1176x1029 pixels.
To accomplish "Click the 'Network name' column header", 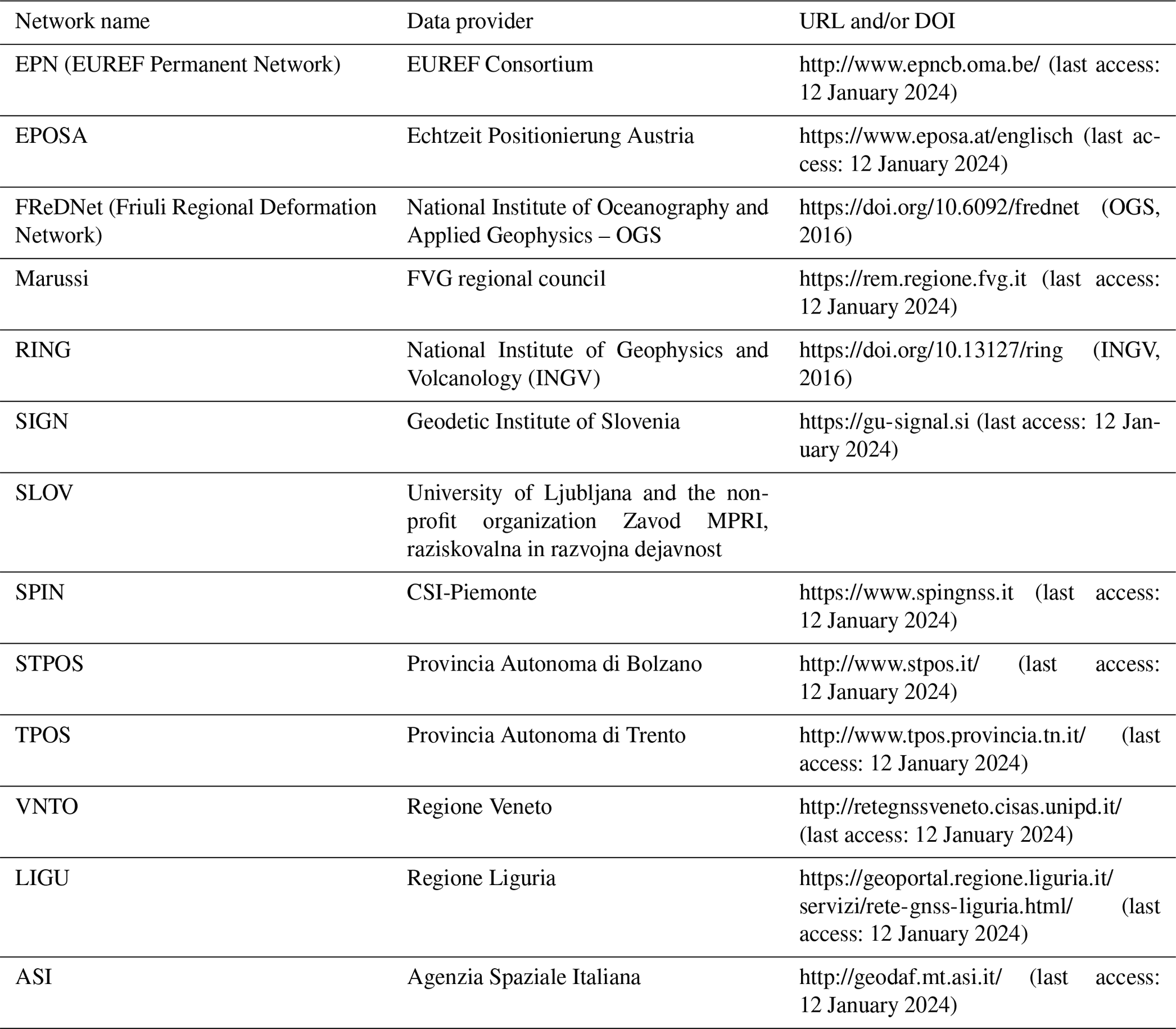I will (x=82, y=21).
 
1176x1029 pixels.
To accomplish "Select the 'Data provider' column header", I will (x=469, y=21).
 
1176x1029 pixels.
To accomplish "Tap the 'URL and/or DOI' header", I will (x=877, y=21).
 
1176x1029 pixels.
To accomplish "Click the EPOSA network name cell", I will (x=51, y=136).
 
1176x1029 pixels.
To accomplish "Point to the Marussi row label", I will (x=52, y=278).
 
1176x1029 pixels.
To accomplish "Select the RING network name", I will (x=43, y=349).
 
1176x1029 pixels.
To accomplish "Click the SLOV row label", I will (x=44, y=493).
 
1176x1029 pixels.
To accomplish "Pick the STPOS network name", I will (x=49, y=664).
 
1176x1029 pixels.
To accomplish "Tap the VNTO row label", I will (x=47, y=807).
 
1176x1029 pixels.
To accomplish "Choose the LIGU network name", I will (x=42, y=878).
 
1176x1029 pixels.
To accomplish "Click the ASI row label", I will (x=34, y=977).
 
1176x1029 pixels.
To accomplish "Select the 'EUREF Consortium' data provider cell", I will (x=500, y=64).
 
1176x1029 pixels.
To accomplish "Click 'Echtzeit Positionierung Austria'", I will (x=550, y=136).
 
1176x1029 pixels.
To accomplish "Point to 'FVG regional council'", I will (x=506, y=278).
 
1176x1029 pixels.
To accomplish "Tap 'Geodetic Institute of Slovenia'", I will (x=543, y=422).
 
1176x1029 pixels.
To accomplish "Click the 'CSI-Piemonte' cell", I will (x=471, y=592).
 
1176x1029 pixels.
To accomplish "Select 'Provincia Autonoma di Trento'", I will (x=546, y=735).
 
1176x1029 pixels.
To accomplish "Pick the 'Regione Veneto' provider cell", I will (x=479, y=807).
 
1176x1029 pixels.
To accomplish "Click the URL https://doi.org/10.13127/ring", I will (x=931, y=349).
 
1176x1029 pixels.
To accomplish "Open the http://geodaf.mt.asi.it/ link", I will (x=901, y=977).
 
